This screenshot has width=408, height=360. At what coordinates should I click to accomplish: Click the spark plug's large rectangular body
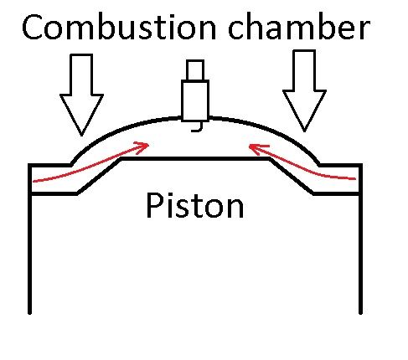pyautogui.click(x=196, y=100)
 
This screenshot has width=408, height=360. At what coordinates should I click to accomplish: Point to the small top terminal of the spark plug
pyautogui.click(x=196, y=69)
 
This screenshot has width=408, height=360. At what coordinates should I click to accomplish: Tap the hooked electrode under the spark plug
pyautogui.click(x=197, y=127)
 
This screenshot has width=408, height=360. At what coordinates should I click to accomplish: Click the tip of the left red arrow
pyautogui.click(x=149, y=145)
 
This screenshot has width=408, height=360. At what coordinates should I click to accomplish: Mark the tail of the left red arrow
pyautogui.click(x=34, y=179)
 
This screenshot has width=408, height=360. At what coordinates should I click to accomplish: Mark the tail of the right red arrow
pyautogui.click(x=359, y=178)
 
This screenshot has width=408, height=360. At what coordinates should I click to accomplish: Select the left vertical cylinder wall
pyautogui.click(x=30, y=251)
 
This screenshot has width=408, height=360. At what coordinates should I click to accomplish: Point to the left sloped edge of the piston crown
pyautogui.click(x=100, y=175)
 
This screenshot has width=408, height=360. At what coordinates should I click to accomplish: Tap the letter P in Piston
pyautogui.click(x=156, y=205)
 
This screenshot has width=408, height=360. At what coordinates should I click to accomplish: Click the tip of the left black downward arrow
pyautogui.click(x=81, y=134)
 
